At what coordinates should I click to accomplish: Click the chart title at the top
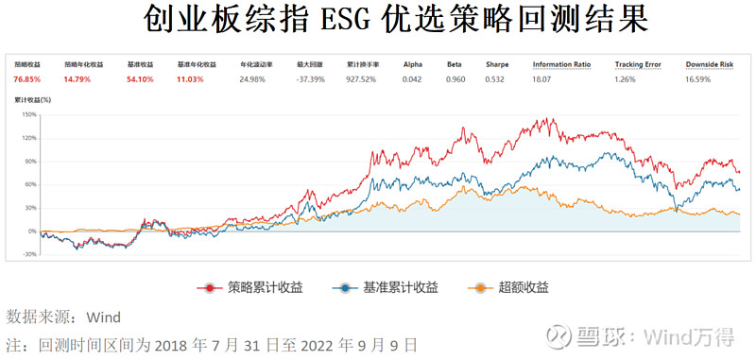[x=378, y=20]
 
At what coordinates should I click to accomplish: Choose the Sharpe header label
[x=497, y=65]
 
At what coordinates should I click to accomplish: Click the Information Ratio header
[x=562, y=65]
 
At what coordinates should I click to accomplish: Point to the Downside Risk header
[x=710, y=65]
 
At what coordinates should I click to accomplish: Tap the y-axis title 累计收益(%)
[x=32, y=98]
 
